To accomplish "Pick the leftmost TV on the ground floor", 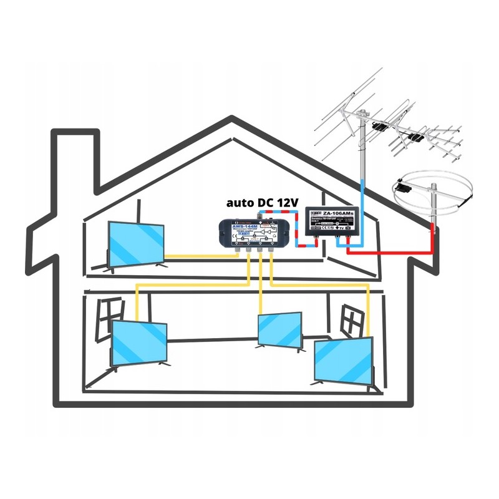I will tap(139, 344).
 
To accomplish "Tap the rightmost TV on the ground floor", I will tap(344, 360).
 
